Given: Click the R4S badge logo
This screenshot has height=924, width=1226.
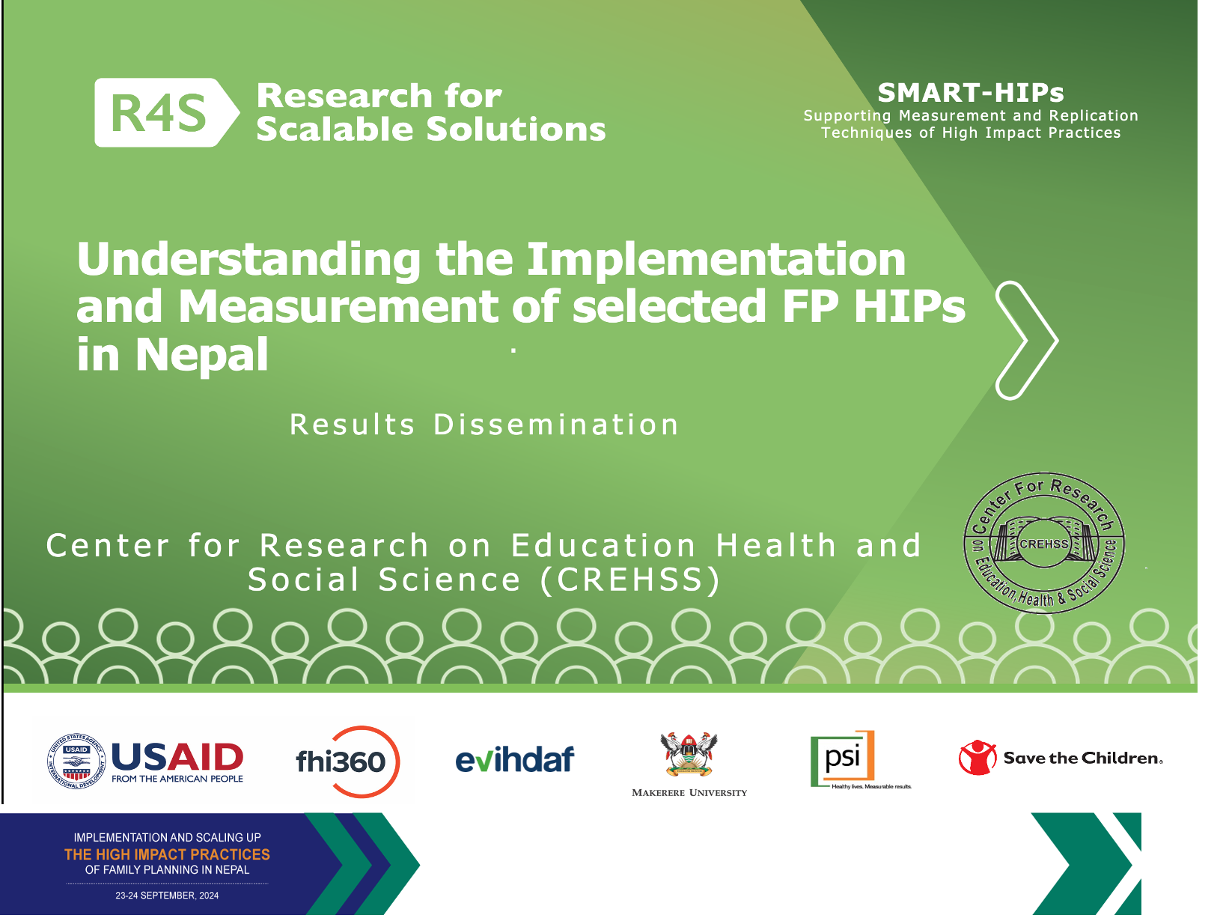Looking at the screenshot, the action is pyautogui.click(x=166, y=112).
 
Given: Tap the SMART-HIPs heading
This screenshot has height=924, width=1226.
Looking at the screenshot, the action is pyautogui.click(x=970, y=93).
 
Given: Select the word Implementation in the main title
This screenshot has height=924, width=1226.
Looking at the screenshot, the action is pyautogui.click(x=716, y=259).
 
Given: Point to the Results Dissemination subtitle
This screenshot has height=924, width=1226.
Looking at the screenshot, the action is pyautogui.click(x=484, y=425).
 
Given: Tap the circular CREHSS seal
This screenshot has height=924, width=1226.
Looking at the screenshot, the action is pyautogui.click(x=1044, y=543).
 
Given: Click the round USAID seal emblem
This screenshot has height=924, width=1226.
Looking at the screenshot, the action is pyautogui.click(x=76, y=762).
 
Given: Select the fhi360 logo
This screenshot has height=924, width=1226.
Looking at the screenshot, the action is pyautogui.click(x=347, y=762).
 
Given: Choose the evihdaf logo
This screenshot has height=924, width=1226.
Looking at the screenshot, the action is pyautogui.click(x=514, y=759).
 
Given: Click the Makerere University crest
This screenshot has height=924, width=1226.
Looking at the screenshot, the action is pyautogui.click(x=689, y=754).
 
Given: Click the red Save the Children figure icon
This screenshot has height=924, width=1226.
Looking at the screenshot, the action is pyautogui.click(x=978, y=758).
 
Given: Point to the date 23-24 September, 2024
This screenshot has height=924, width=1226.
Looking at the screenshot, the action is pyautogui.click(x=167, y=896).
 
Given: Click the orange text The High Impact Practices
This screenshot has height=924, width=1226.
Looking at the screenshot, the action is pyautogui.click(x=167, y=854).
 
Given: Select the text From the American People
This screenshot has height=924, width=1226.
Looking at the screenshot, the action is pyautogui.click(x=177, y=779).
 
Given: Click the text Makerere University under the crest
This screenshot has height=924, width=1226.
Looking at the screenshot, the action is pyautogui.click(x=689, y=793).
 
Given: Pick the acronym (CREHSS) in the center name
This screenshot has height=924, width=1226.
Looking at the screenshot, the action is pyautogui.click(x=629, y=580).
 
